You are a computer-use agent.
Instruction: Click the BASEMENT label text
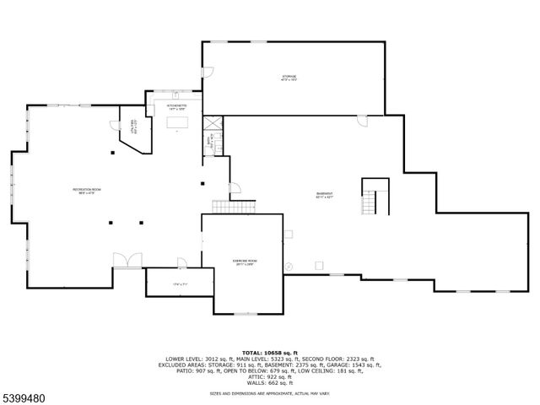point(325,194)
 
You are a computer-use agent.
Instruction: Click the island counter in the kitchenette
point(177,123)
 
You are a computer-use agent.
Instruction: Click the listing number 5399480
point(24,394)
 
